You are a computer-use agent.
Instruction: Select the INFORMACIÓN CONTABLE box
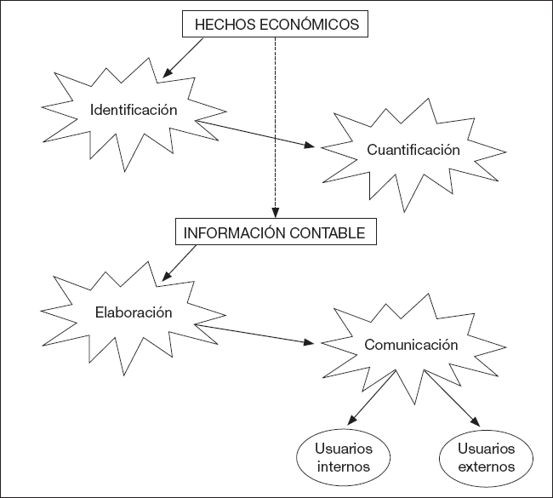(x=275, y=231)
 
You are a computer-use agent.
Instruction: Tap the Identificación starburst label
(x=134, y=110)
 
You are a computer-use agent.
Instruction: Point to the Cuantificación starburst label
(x=413, y=150)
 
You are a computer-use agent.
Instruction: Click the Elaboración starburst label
(x=134, y=312)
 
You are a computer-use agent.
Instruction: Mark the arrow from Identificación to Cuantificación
(x=255, y=135)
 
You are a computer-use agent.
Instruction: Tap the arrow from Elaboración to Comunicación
(x=255, y=334)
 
